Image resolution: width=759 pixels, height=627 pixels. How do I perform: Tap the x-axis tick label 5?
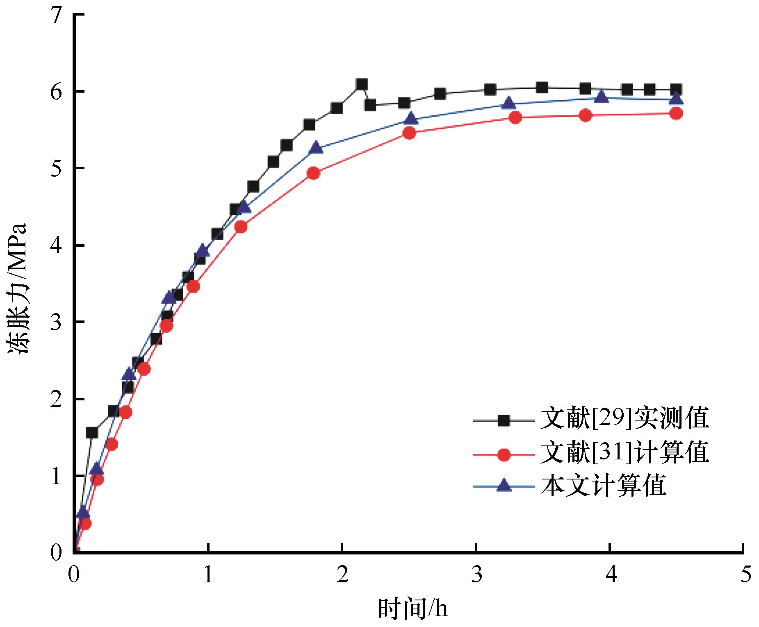tap(745, 575)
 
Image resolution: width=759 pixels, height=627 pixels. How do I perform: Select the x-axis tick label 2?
tap(342, 575)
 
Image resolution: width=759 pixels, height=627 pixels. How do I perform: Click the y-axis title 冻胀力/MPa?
tap(18, 289)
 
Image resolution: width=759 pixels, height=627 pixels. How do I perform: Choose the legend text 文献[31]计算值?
tap(625, 453)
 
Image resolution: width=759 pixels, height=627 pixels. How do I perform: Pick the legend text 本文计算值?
tap(603, 486)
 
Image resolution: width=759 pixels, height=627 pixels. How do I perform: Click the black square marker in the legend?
tap(503, 420)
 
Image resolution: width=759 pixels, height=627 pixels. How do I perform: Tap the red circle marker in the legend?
tap(503, 454)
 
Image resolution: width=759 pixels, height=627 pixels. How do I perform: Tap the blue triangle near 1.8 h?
tap(316, 148)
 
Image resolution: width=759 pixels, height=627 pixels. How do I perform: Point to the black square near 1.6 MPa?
tap(91, 432)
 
